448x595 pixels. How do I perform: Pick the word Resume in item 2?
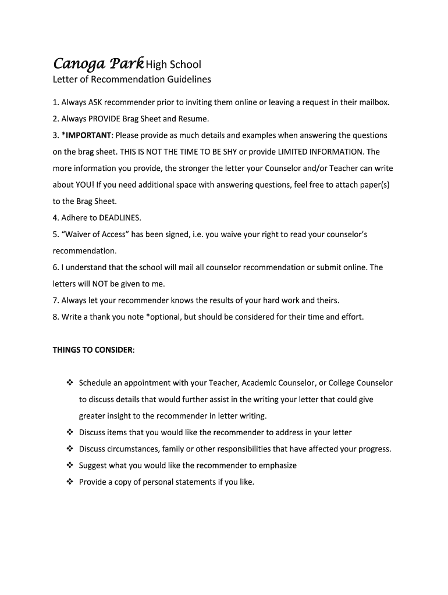coord(193,119)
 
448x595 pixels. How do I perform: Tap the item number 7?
coord(55,300)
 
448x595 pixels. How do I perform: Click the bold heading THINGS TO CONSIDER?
coord(94,350)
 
